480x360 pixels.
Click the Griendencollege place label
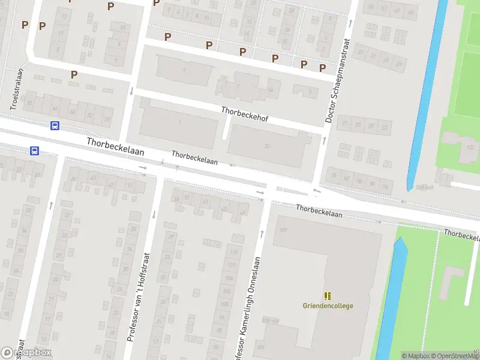coord(328,305)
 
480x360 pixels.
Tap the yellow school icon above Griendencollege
coord(328,296)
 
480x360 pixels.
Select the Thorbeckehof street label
coord(244,114)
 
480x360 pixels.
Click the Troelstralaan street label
coord(17,88)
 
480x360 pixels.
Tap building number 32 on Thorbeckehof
coord(266,146)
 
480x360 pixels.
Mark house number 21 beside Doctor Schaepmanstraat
coord(344,124)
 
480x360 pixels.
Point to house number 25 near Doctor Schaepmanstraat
coord(358,125)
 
